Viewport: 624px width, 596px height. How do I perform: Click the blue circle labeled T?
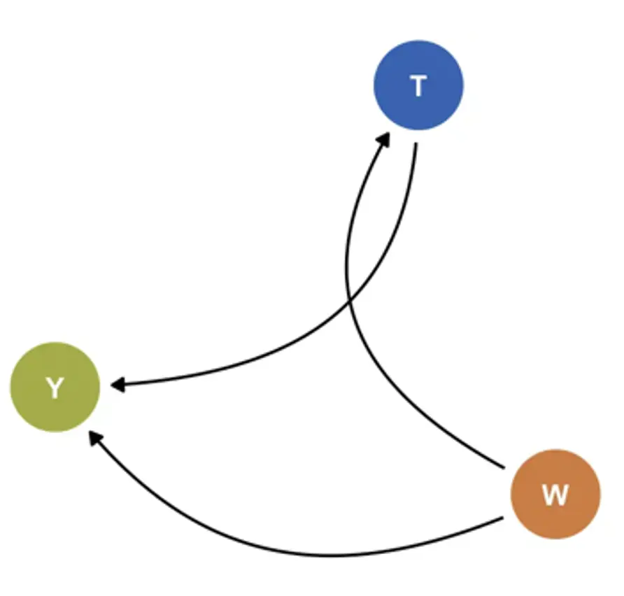click(x=418, y=85)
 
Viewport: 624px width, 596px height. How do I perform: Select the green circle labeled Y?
click(x=55, y=387)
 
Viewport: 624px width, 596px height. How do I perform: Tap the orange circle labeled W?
click(x=555, y=495)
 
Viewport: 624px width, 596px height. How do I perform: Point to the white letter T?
click(x=418, y=86)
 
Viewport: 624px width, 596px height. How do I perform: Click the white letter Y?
click(x=55, y=388)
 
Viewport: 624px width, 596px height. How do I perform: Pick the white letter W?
click(x=555, y=495)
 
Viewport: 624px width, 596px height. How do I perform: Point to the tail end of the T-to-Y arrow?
click(x=416, y=146)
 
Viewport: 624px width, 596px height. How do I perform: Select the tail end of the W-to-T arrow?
click(x=502, y=467)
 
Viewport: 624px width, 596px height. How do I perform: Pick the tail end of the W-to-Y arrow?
click(x=502, y=519)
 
